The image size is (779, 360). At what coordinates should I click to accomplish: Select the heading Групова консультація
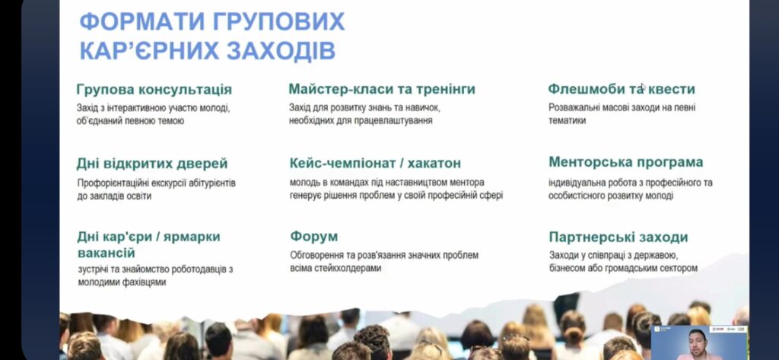click(154, 90)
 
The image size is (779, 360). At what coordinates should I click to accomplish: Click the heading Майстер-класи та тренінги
click(382, 89)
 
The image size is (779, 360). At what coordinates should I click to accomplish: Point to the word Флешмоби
click(579, 89)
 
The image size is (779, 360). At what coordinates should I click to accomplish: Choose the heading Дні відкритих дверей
click(152, 164)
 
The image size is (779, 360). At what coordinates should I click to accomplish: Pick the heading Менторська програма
click(626, 162)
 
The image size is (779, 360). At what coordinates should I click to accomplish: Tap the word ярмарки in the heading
click(192, 237)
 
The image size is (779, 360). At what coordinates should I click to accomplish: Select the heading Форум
click(314, 236)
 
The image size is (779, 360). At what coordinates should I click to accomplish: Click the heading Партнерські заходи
click(618, 237)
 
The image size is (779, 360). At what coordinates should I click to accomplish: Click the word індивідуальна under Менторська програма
click(572, 183)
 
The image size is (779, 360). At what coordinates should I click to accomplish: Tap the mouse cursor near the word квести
click(643, 88)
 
